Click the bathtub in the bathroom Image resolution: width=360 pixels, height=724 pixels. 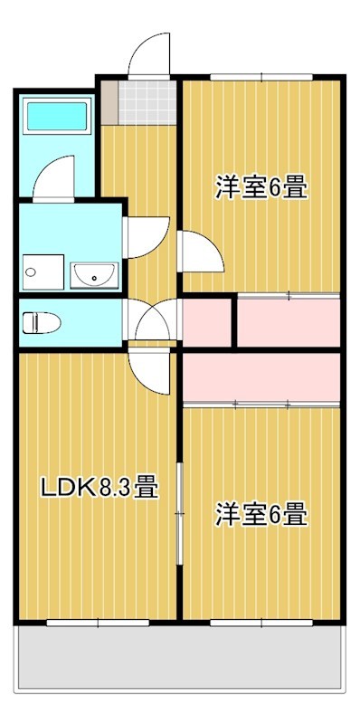tap(55, 117)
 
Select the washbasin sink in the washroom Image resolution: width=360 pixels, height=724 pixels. tap(93, 273)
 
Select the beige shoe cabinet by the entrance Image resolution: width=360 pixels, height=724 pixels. tap(109, 102)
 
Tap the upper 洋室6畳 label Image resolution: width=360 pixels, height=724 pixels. tap(261, 188)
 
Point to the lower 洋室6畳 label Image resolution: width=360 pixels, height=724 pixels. tap(261, 515)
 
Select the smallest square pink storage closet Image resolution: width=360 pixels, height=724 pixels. tap(207, 321)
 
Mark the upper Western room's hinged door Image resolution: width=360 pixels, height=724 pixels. tap(201, 252)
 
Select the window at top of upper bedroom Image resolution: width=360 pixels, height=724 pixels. tap(261, 77)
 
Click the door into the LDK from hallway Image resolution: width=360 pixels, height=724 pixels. tap(148, 366)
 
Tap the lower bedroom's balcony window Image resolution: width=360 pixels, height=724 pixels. tap(261, 622)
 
